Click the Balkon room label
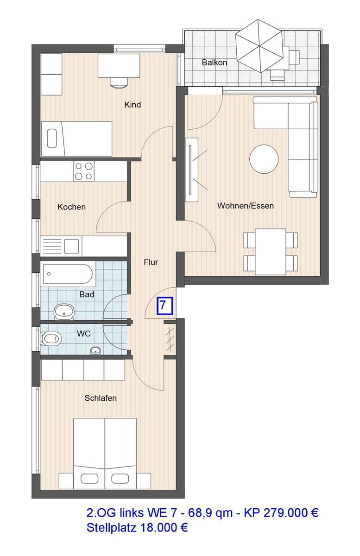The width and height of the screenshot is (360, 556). [x=215, y=63]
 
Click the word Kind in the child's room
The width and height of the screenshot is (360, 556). [x=133, y=105]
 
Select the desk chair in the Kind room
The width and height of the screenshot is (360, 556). [x=119, y=82]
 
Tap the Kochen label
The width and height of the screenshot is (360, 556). [x=71, y=207]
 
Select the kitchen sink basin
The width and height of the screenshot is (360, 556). [x=71, y=246]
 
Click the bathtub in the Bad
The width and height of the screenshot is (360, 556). [x=68, y=274]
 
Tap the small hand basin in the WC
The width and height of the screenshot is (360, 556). [x=96, y=350]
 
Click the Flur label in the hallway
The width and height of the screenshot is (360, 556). [x=151, y=262]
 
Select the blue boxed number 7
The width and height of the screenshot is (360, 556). [x=164, y=306]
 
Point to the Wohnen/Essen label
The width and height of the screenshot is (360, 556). [x=246, y=206]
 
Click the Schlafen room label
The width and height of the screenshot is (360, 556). [x=101, y=398]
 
